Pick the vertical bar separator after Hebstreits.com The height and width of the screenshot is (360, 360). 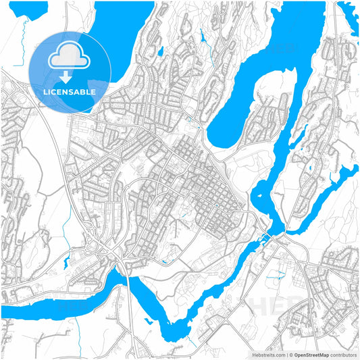click(285, 354)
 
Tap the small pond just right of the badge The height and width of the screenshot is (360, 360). click(160, 51)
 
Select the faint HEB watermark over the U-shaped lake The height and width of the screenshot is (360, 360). click(284, 49)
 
